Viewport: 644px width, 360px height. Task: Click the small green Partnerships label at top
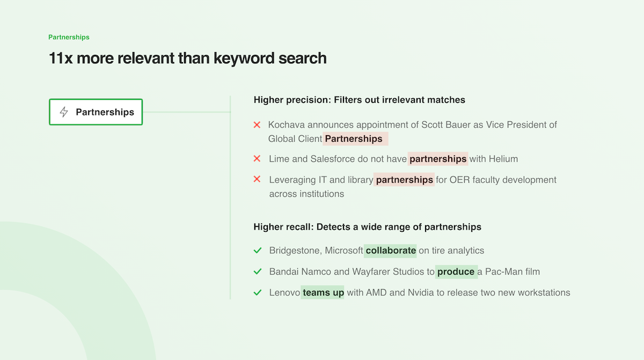pos(69,38)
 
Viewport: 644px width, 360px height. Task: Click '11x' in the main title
pos(61,58)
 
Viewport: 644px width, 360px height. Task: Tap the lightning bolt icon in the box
pos(64,112)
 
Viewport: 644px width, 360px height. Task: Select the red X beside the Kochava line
pos(257,125)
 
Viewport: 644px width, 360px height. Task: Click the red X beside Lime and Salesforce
pos(257,159)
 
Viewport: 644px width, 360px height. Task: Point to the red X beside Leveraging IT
pos(257,180)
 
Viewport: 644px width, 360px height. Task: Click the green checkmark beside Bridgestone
pos(258,251)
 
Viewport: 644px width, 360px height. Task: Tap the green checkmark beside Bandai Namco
pos(258,271)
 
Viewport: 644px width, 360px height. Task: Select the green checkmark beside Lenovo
pos(258,293)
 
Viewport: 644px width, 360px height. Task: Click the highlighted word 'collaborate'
pos(391,251)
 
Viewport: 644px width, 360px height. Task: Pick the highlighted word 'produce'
pos(456,272)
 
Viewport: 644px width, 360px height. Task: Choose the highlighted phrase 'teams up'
pos(323,293)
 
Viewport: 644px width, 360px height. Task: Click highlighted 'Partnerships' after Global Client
pos(354,139)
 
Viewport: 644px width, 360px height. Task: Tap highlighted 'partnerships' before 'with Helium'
pos(438,159)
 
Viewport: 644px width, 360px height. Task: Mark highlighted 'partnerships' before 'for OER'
pos(404,180)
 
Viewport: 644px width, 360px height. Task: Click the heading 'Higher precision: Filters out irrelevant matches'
pos(360,100)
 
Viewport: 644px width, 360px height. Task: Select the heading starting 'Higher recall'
pos(367,227)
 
